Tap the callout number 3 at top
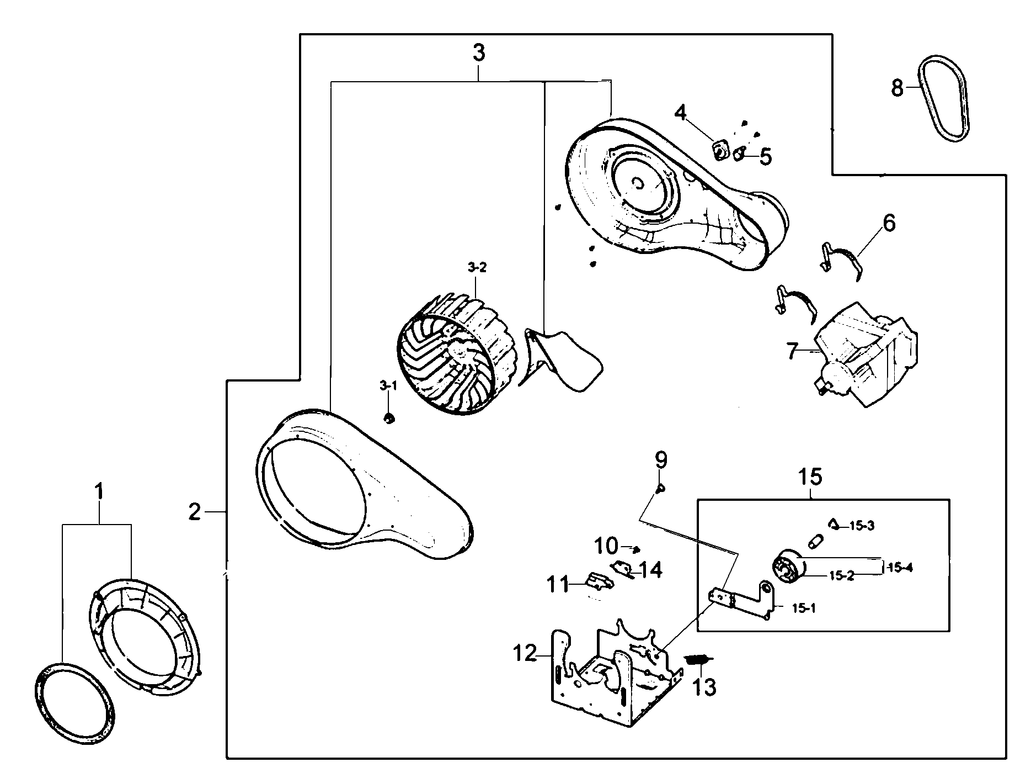478,54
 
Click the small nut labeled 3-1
389,419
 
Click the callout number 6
889,223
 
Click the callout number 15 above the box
810,476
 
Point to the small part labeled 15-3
834,523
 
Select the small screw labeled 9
660,488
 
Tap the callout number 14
651,570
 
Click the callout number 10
606,547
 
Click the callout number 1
99,491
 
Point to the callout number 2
195,512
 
